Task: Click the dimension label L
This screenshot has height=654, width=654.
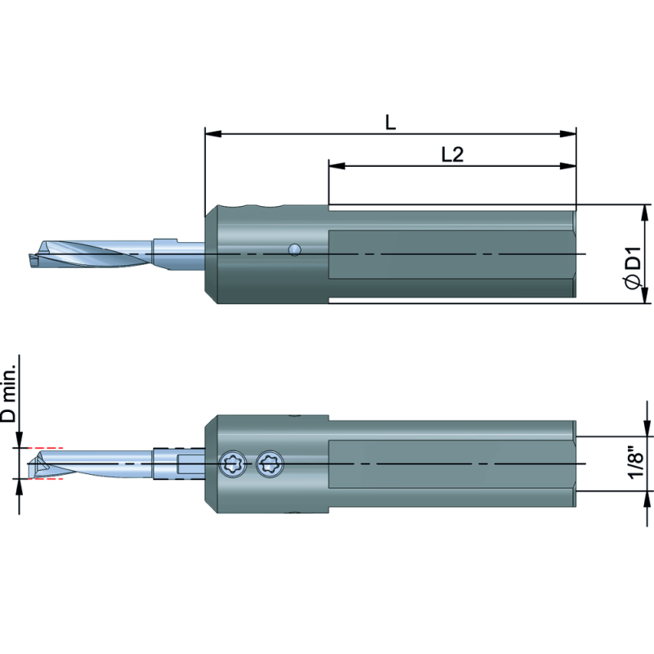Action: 390,123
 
